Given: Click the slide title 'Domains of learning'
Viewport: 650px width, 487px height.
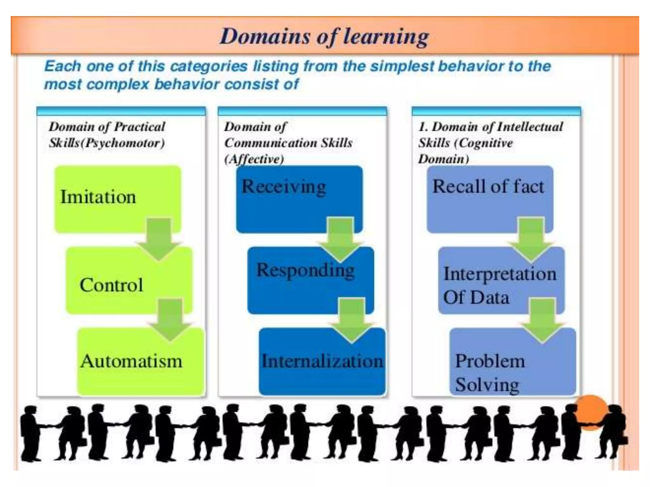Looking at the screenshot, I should pos(324,36).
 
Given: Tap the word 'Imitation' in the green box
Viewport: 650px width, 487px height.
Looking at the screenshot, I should pos(98,197).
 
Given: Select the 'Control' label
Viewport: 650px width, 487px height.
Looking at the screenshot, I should pos(111,285).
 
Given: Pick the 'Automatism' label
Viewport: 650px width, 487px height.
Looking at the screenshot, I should pos(131,361).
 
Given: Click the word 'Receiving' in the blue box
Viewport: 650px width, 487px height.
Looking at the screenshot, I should pos(284,186).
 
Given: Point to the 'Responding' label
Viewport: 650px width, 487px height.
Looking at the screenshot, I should pos(305,270).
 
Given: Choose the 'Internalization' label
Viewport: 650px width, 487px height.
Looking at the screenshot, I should pos(322,361).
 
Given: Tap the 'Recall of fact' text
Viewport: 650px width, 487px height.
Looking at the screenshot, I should pos(488,186).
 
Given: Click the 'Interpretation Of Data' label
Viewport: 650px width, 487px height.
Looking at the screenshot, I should pos(499,285).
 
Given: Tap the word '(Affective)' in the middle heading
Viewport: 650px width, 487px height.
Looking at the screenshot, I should pos(254,159).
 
